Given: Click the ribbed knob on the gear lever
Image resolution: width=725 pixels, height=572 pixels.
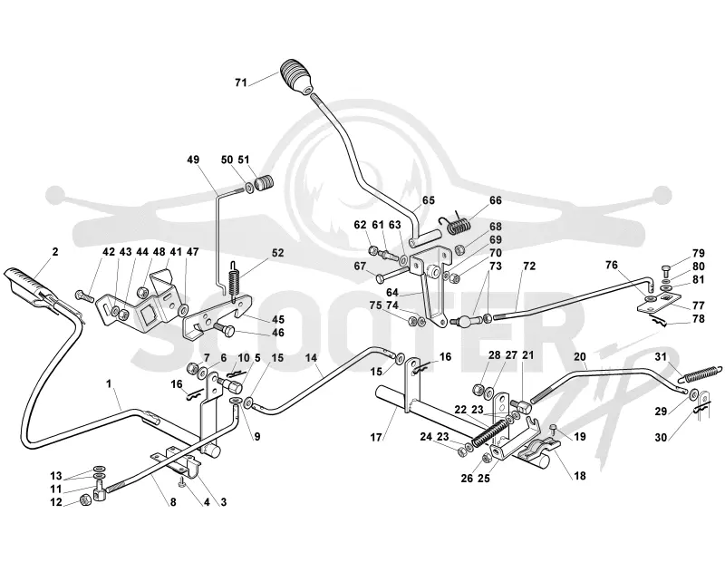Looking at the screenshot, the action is (x=296, y=76).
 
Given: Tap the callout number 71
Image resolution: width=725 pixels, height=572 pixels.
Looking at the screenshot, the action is (x=241, y=82).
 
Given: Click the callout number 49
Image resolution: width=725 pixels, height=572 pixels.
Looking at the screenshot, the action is (x=193, y=160).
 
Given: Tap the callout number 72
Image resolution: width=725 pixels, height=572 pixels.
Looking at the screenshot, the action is (x=529, y=266).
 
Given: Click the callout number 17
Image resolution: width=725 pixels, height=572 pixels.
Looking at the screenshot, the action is (x=376, y=437).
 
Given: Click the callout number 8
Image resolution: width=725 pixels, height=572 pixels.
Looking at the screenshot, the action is (x=173, y=501).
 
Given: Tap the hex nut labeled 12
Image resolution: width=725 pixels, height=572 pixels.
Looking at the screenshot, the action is (x=85, y=499).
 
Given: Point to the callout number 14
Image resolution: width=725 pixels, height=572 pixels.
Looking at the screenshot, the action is (x=312, y=357).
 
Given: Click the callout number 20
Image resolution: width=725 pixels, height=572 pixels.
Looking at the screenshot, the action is (x=579, y=356).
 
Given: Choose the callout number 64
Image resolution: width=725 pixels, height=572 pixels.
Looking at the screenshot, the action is (x=392, y=292).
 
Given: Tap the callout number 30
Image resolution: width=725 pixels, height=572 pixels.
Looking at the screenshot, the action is (x=662, y=437).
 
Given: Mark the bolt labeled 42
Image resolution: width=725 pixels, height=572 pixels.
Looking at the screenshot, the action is (x=84, y=295).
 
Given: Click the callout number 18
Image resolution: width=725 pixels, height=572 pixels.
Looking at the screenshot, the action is (x=580, y=475).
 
